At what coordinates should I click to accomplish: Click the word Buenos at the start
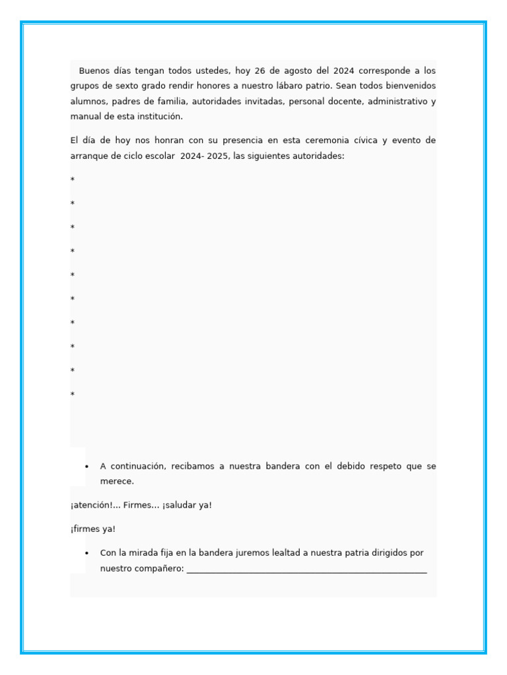tap(94, 71)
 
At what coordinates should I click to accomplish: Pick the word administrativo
tap(397, 102)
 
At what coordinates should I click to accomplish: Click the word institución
tap(157, 117)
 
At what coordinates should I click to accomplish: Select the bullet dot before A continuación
tap(86, 467)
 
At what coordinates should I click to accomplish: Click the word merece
tap(117, 481)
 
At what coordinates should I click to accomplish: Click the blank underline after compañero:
tap(306, 570)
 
